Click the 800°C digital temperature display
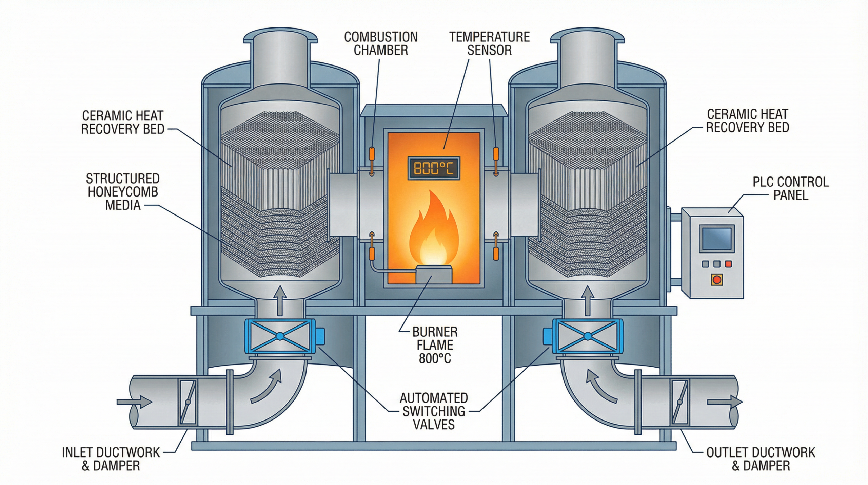click(x=434, y=168)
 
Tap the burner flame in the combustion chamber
click(x=434, y=234)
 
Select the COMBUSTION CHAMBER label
click(x=381, y=43)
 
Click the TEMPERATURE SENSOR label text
click(x=489, y=43)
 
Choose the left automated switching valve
click(x=280, y=336)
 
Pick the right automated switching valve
click(x=587, y=336)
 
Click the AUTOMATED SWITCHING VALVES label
click(x=434, y=411)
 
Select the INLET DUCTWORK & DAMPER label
click(x=111, y=459)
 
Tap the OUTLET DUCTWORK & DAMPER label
click(x=761, y=459)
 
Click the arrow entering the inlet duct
click(x=134, y=402)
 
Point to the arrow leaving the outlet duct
click(x=724, y=402)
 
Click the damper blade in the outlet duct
click(x=679, y=402)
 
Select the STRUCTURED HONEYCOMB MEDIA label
click(x=123, y=192)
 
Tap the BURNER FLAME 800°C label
click(x=435, y=345)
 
